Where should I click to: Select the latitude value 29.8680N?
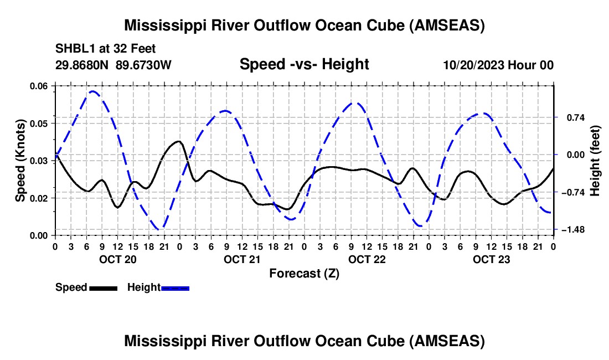point(82,65)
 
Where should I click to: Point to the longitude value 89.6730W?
point(144,65)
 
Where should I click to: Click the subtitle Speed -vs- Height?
point(304,64)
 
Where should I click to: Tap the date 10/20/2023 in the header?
point(472,65)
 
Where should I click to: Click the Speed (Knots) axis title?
point(20,161)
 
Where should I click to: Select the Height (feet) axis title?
point(595,161)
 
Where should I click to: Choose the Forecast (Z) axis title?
point(304,273)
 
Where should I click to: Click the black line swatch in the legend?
point(103,287)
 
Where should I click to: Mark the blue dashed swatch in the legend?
point(175,287)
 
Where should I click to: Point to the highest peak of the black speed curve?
point(178,141)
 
